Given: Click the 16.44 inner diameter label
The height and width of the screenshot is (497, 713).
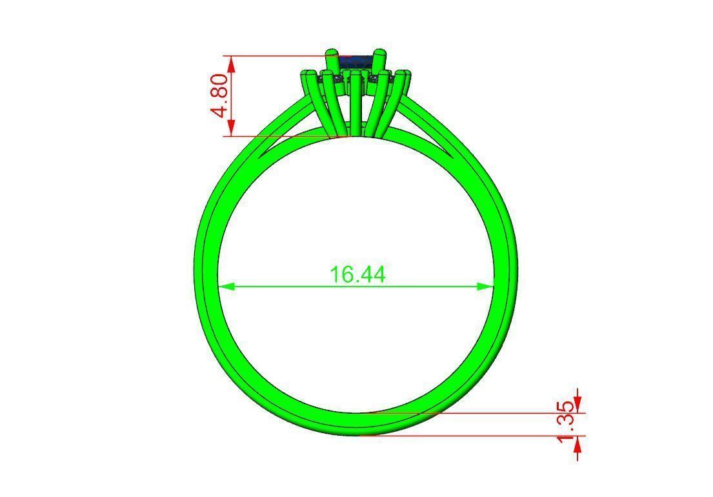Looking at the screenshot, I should [357, 274].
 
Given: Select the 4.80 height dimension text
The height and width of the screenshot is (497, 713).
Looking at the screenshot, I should [219, 96].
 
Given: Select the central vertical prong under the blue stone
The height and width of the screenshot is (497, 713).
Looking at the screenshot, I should [356, 103].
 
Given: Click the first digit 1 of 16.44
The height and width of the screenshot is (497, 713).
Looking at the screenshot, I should [335, 274].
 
